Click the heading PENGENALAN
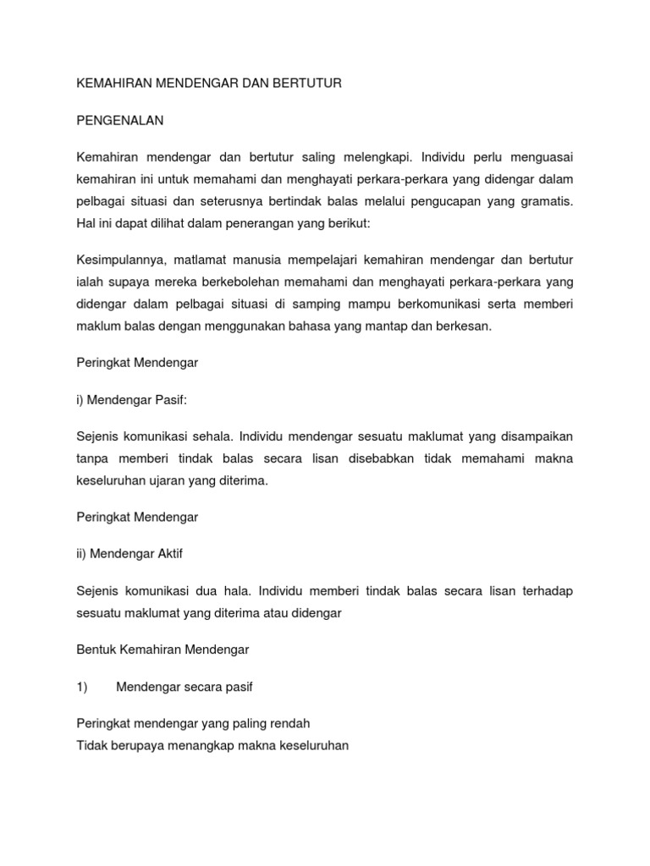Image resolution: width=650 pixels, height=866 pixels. pos(119,121)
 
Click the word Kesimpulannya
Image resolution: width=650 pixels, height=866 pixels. pos(119,259)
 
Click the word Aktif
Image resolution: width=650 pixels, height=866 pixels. pos(167,554)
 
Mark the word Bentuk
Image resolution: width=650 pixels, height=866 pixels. pos(95,650)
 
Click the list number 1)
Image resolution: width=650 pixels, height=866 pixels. pos(82,687)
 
